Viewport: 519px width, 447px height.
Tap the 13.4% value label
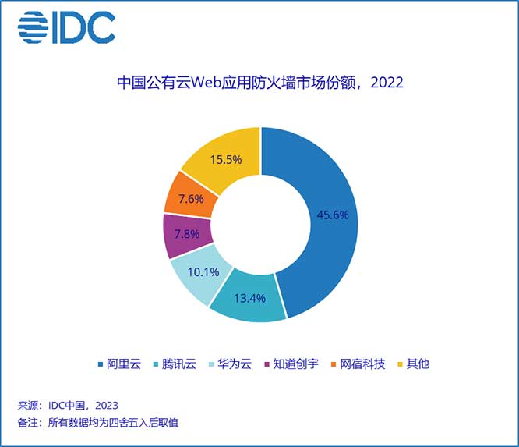tap(249, 296)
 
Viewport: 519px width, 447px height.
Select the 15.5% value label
tap(224, 159)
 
